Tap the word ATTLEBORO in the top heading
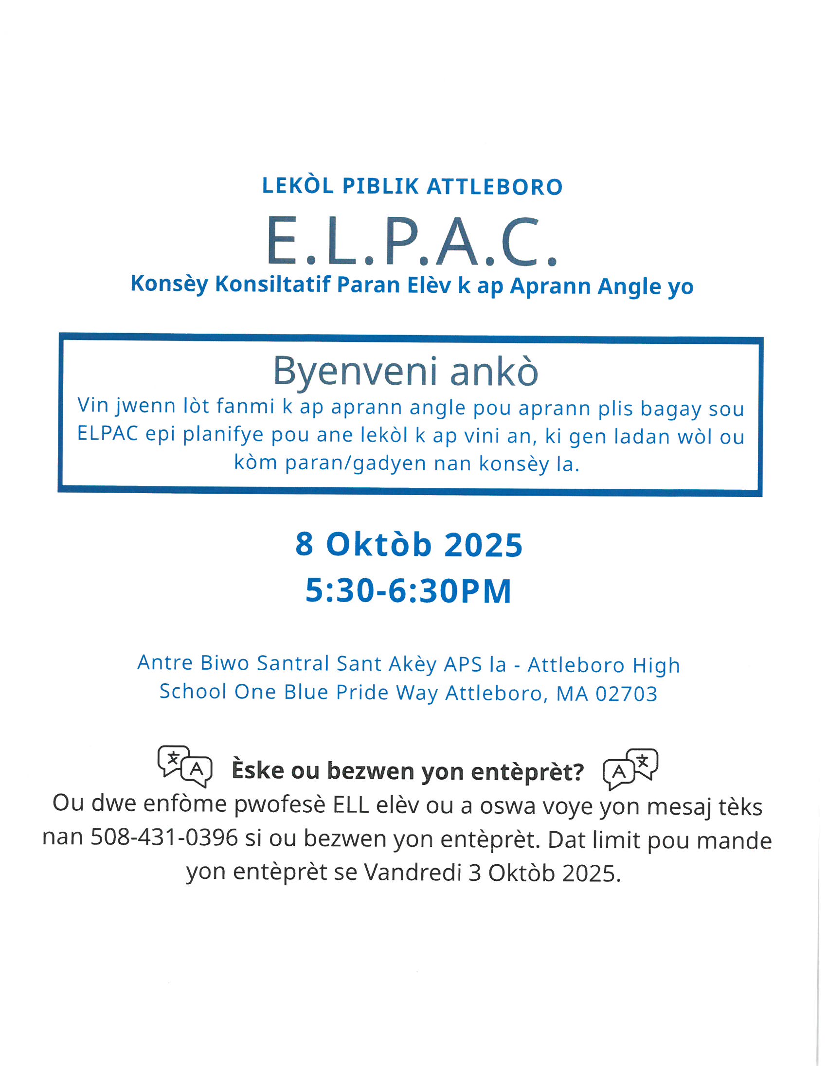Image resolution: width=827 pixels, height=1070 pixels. coord(495,187)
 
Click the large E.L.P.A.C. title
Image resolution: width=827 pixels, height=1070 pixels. coord(412,242)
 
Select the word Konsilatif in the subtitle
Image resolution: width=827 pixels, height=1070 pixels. coord(273,284)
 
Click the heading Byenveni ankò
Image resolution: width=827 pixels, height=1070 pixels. coord(406,371)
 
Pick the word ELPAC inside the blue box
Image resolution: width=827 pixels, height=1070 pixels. coord(108,433)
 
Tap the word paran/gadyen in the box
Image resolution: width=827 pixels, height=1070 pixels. coord(356,463)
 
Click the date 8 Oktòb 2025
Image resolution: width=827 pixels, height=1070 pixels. coord(409,544)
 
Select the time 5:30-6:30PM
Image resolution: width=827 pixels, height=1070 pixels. coord(409,590)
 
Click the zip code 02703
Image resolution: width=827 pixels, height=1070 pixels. coord(626,694)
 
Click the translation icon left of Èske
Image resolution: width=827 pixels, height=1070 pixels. coord(185,766)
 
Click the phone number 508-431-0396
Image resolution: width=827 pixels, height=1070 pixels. coord(164,838)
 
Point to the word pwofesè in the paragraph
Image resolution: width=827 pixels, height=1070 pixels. coord(280,805)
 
